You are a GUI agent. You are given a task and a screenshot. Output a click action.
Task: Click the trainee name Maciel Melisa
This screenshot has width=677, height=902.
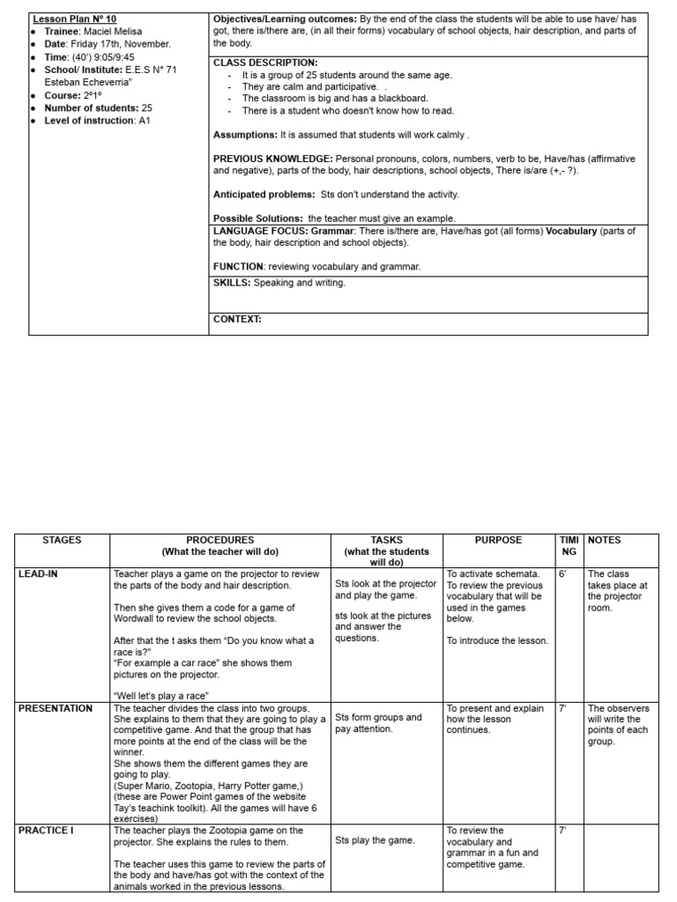coord(113,31)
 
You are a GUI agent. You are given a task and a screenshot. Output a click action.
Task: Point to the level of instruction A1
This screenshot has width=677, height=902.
coord(145,121)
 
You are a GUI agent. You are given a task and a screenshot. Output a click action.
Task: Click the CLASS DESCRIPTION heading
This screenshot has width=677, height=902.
coord(265,63)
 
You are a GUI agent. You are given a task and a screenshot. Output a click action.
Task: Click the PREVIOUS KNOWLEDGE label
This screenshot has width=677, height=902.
coord(270,159)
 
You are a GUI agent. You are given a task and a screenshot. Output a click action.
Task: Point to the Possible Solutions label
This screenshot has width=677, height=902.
coord(258,218)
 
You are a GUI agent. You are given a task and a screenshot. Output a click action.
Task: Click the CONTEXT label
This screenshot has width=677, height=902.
coord(237,319)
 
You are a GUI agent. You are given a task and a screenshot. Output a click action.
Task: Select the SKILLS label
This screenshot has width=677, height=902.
coord(232,283)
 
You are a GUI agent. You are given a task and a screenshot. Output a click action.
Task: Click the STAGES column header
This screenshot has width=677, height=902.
coord(62,540)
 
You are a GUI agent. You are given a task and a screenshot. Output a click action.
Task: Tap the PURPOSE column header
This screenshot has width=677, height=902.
coord(498,540)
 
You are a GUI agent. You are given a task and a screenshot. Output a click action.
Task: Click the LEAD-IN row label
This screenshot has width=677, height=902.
coord(40,573)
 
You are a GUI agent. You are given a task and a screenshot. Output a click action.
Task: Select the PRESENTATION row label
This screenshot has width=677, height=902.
coord(55,708)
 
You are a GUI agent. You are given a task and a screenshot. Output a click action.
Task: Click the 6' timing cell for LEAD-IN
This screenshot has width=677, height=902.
coord(562,573)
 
